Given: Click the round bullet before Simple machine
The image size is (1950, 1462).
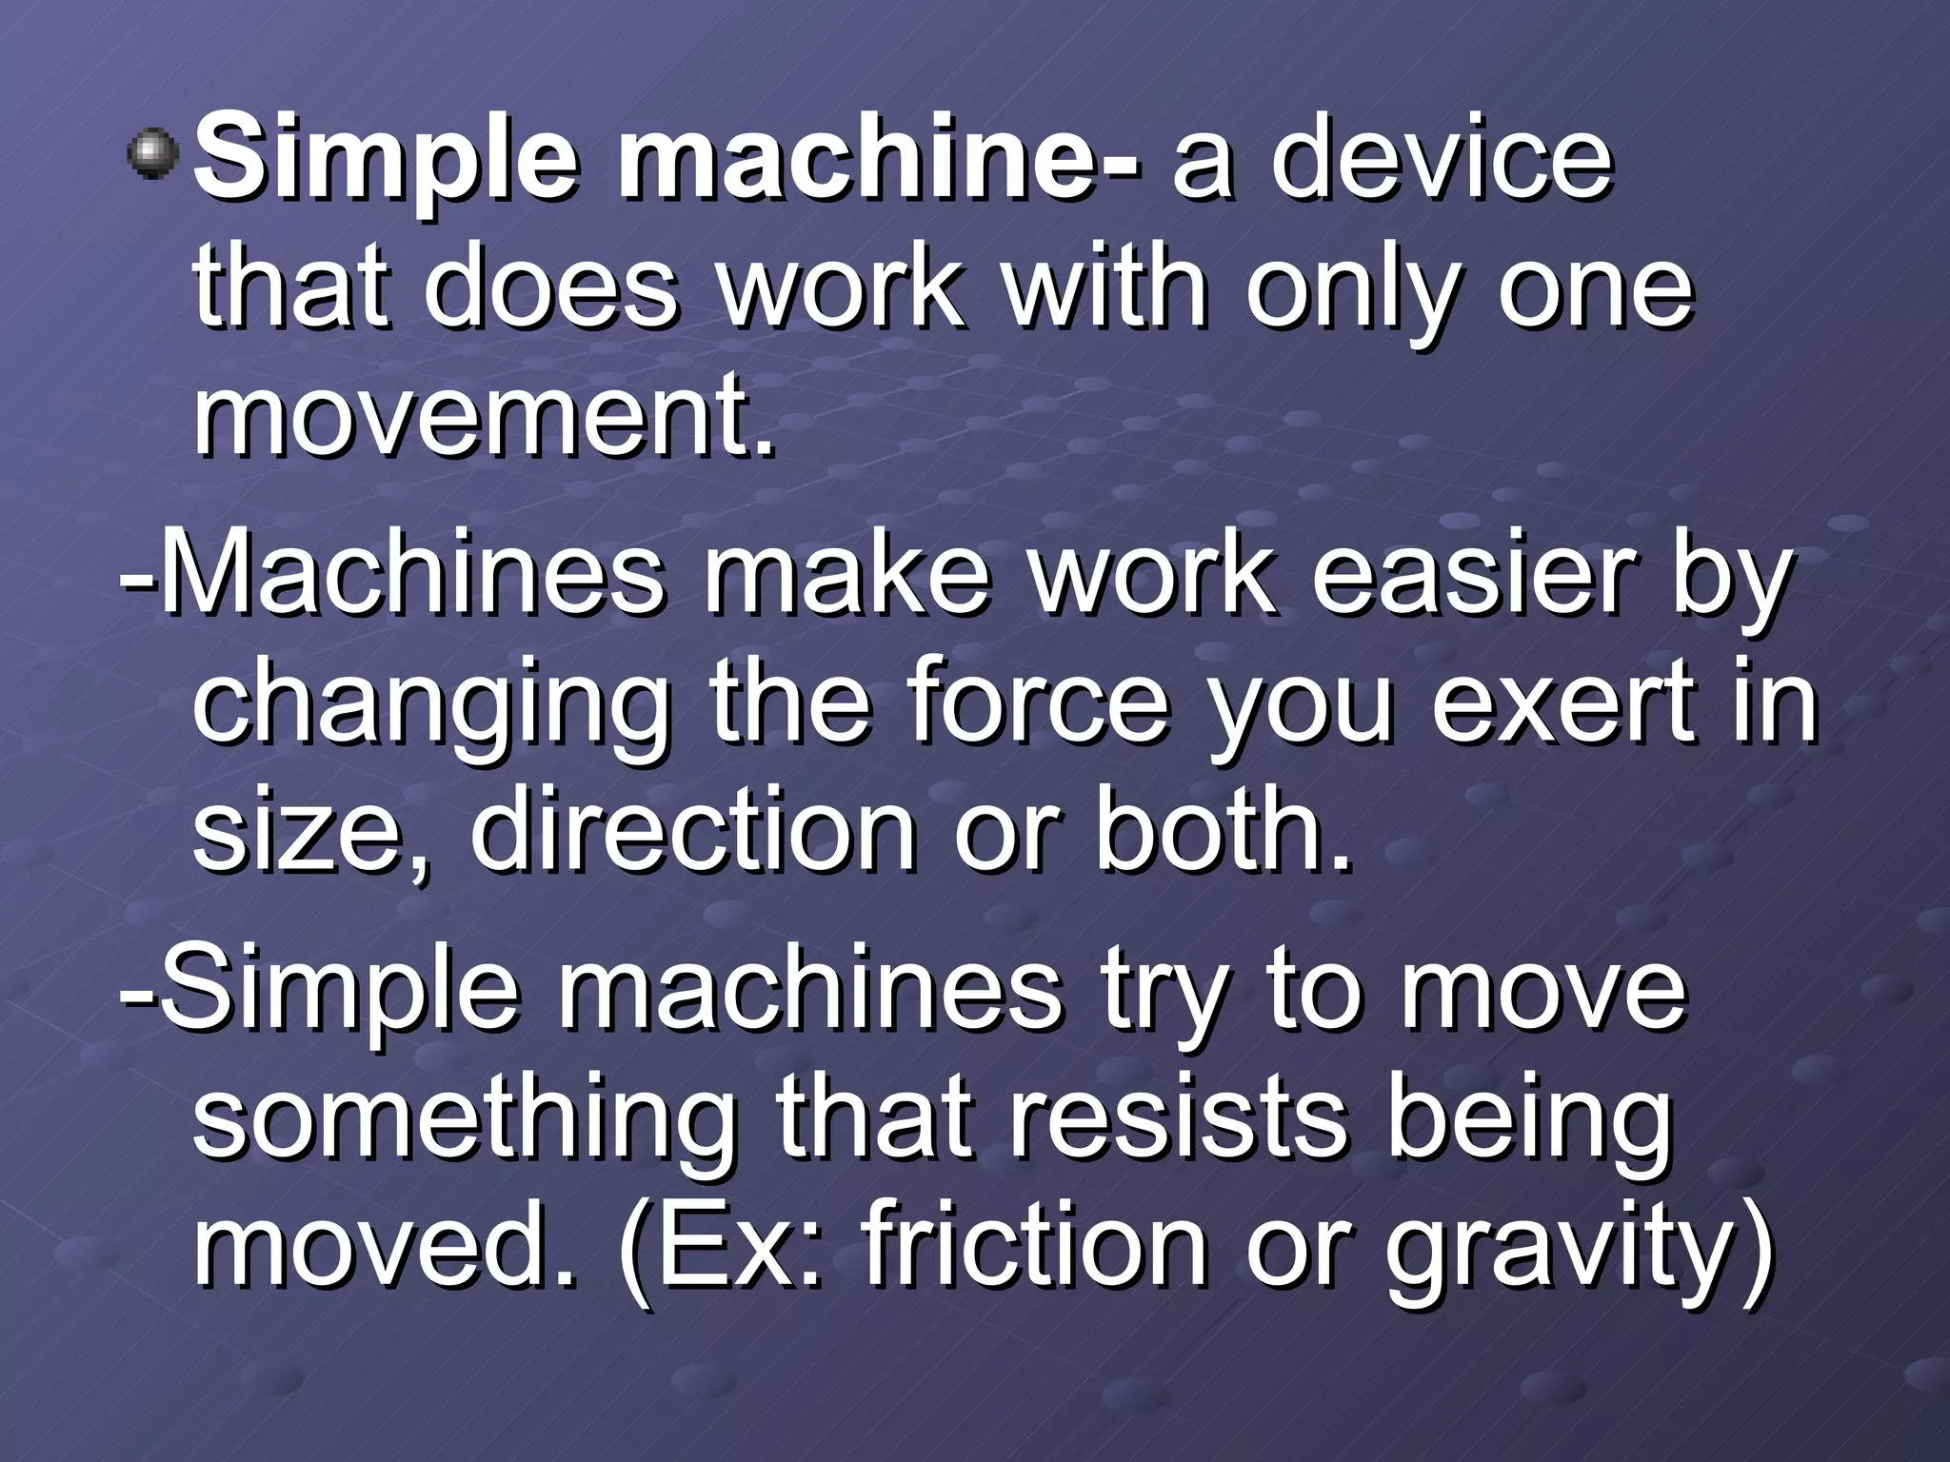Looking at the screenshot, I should click(152, 154).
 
